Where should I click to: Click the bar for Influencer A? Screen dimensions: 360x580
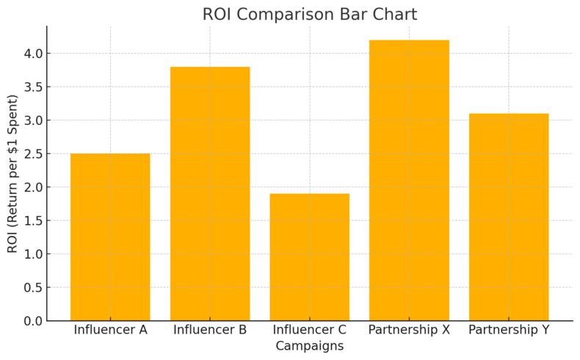click(110, 237)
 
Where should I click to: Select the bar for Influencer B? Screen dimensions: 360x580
click(210, 193)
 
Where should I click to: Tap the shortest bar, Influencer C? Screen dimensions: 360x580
click(309, 256)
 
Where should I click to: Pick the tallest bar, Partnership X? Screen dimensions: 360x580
click(409, 180)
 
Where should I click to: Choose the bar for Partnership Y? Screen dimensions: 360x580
click(509, 217)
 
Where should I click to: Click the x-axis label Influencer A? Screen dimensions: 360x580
click(110, 330)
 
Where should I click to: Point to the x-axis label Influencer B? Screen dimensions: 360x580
click(210, 330)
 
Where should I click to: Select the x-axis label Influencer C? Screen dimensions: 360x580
click(309, 330)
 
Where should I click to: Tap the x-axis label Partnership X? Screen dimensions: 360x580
click(409, 330)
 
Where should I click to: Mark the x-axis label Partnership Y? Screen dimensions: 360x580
click(509, 330)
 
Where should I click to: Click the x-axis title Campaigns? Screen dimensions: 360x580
click(309, 345)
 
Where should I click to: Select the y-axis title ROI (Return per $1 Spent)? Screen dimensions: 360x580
click(12, 173)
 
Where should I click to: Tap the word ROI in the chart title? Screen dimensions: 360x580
click(219, 15)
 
